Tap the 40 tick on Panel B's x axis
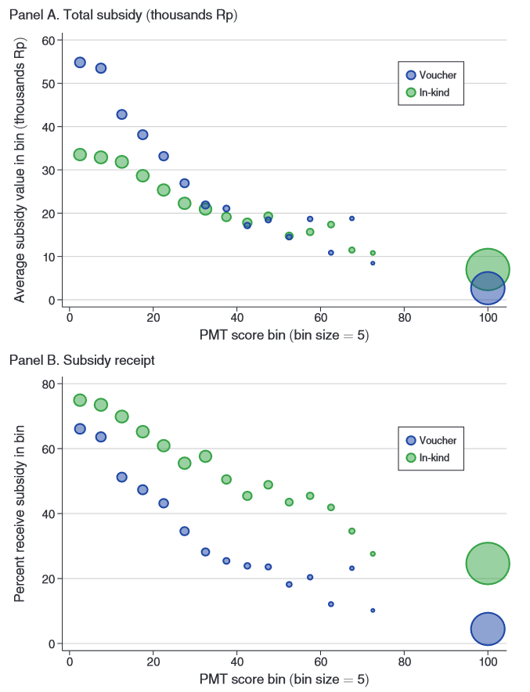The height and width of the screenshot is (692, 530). coord(236,661)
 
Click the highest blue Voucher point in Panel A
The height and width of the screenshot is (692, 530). coord(80,63)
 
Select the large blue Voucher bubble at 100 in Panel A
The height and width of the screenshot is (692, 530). coord(488,288)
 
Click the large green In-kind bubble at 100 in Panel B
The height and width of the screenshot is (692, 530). coord(488,563)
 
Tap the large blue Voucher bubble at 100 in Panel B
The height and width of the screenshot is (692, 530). coord(488,629)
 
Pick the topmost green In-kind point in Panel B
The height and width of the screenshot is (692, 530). coord(80,400)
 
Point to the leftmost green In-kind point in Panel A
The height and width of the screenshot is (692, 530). coord(80,154)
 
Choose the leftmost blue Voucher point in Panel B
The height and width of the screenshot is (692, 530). coord(80,429)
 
